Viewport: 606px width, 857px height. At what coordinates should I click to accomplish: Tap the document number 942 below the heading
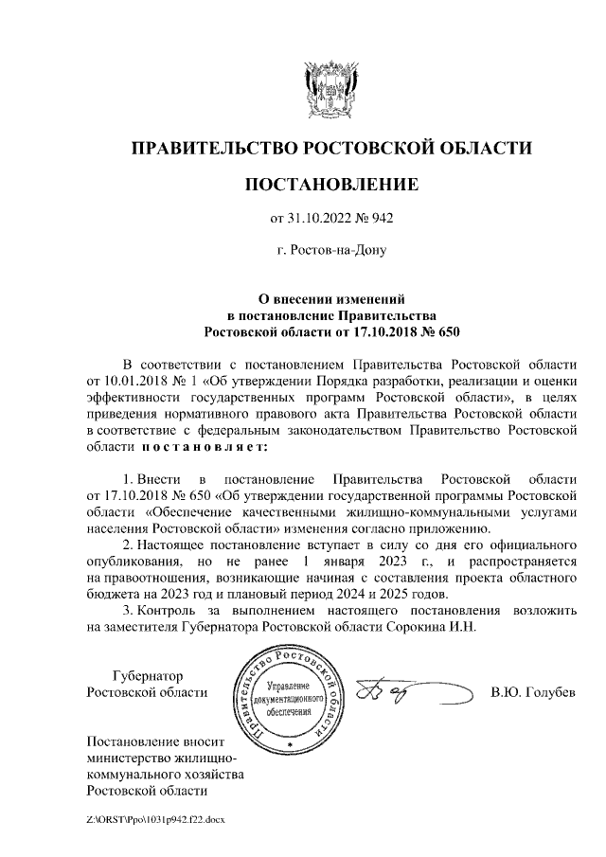tap(381, 219)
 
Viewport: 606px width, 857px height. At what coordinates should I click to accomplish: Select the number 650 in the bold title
tap(440, 332)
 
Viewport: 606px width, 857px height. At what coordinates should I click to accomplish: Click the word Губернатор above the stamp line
tap(148, 675)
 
